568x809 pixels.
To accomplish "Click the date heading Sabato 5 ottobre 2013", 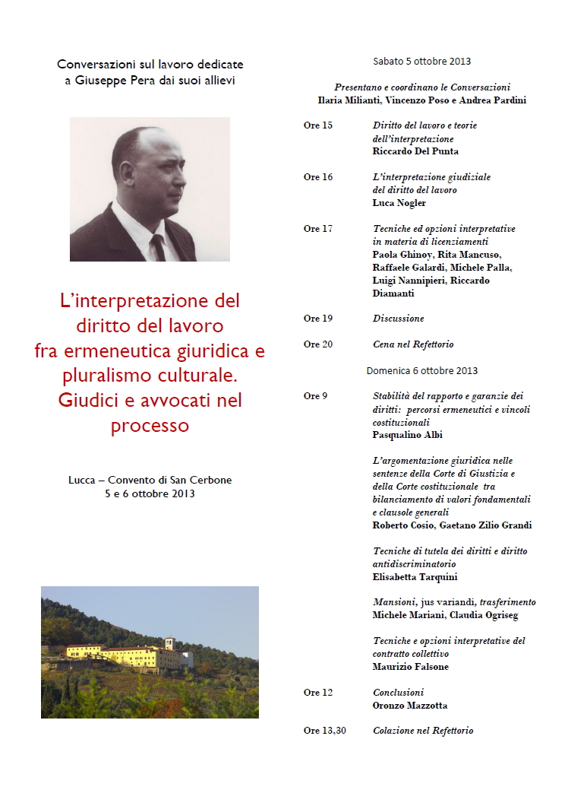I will tap(421, 61).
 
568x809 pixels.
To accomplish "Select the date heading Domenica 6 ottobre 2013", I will tap(421, 371).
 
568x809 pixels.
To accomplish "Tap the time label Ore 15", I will tap(317, 125).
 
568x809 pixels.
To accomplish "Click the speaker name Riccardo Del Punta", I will tap(415, 151).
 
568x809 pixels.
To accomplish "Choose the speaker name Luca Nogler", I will tap(399, 203).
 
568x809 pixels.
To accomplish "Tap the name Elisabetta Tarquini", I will tap(415, 577).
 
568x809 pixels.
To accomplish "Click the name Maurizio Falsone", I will tap(410, 667).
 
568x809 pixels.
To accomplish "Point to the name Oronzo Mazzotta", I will tap(410, 706).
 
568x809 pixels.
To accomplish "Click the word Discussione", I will tap(398, 319).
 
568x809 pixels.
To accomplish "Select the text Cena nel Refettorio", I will tap(413, 344).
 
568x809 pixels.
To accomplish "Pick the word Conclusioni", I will tap(398, 693).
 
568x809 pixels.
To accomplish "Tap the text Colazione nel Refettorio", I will tap(422, 731).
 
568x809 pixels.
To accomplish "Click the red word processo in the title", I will tap(150, 426).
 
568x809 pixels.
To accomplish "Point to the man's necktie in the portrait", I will tap(158, 247).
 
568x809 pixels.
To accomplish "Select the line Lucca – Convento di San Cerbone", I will tap(150, 480).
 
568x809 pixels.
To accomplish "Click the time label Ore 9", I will tap(315, 396).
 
